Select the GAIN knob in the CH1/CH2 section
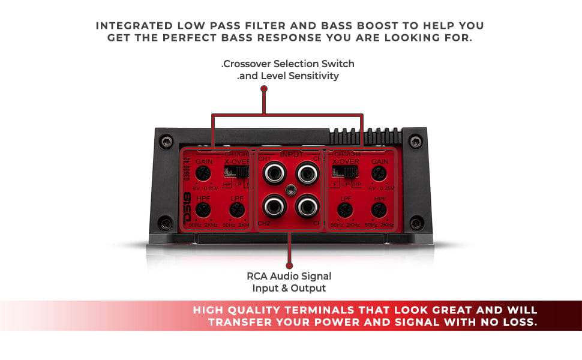pyautogui.click(x=203, y=174)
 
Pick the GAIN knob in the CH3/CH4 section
pyautogui.click(x=378, y=174)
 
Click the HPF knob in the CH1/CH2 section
pyautogui.click(x=203, y=209)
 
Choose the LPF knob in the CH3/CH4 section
pyautogui.click(x=344, y=209)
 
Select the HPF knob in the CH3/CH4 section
pyautogui.click(x=378, y=209)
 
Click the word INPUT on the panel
pyautogui.click(x=292, y=154)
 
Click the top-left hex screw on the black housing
pyautogui.click(x=167, y=142)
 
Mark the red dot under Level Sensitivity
pyautogui.click(x=264, y=88)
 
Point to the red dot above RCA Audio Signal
pyautogui.click(x=289, y=265)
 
